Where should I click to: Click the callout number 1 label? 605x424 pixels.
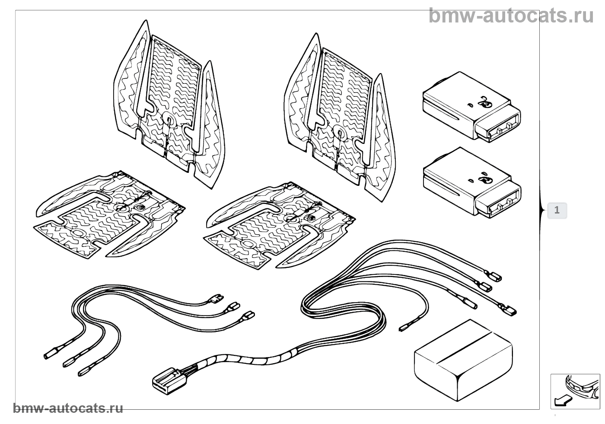(557, 210)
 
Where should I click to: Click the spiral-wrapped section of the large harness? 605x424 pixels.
(242, 359)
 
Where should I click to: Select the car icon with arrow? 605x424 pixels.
(575, 391)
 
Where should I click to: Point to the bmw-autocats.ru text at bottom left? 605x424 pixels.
(68, 408)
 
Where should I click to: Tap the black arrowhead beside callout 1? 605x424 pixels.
(542, 210)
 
